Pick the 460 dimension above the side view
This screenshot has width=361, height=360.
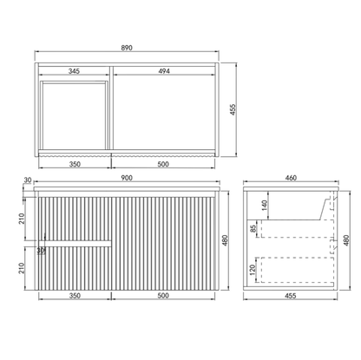tap(290, 179)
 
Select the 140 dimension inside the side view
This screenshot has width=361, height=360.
tap(265, 206)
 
